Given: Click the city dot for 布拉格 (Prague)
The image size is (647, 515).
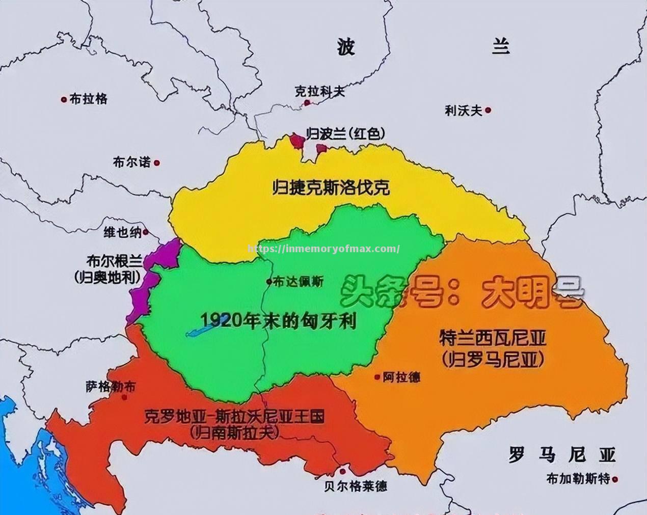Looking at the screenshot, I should pos(64,99).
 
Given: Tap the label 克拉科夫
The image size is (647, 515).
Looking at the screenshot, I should pos(319,91).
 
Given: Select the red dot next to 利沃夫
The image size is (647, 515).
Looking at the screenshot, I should pos(488,110).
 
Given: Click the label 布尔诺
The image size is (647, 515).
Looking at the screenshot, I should pos(132,162).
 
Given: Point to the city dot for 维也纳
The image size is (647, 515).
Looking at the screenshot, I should pos(146,232).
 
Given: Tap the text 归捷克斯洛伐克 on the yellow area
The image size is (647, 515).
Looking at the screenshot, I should pos(331,188).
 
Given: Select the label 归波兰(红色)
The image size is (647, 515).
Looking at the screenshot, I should pos(345,133).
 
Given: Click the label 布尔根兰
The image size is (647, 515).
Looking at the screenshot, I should pos(114,261).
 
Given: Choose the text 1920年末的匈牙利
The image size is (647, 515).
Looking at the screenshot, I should pos(279,320).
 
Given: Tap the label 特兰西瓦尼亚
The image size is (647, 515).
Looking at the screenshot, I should pos(492,338).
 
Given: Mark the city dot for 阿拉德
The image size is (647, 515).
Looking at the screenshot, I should pos(377,377).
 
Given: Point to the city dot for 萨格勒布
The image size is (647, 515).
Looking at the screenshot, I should pos(125,396).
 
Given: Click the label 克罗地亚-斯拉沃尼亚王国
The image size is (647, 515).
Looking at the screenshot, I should pos(234,417).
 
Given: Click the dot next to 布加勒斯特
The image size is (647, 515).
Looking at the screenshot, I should pos(616,479).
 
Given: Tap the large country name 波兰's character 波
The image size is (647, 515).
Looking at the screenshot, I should pos(346,47).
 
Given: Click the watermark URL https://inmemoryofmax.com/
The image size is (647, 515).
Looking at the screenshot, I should pos(323,249).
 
